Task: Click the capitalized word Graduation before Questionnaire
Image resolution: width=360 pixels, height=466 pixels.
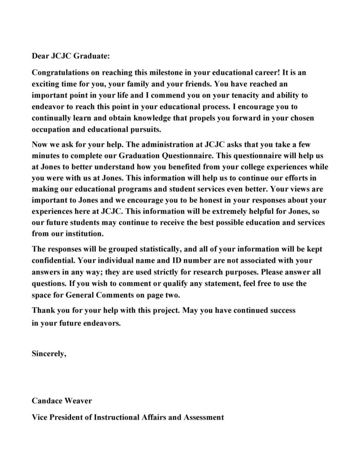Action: [x=134, y=156]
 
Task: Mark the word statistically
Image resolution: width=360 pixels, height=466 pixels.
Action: [x=157, y=250]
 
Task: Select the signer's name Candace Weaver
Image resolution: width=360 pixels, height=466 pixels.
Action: [x=62, y=401]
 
